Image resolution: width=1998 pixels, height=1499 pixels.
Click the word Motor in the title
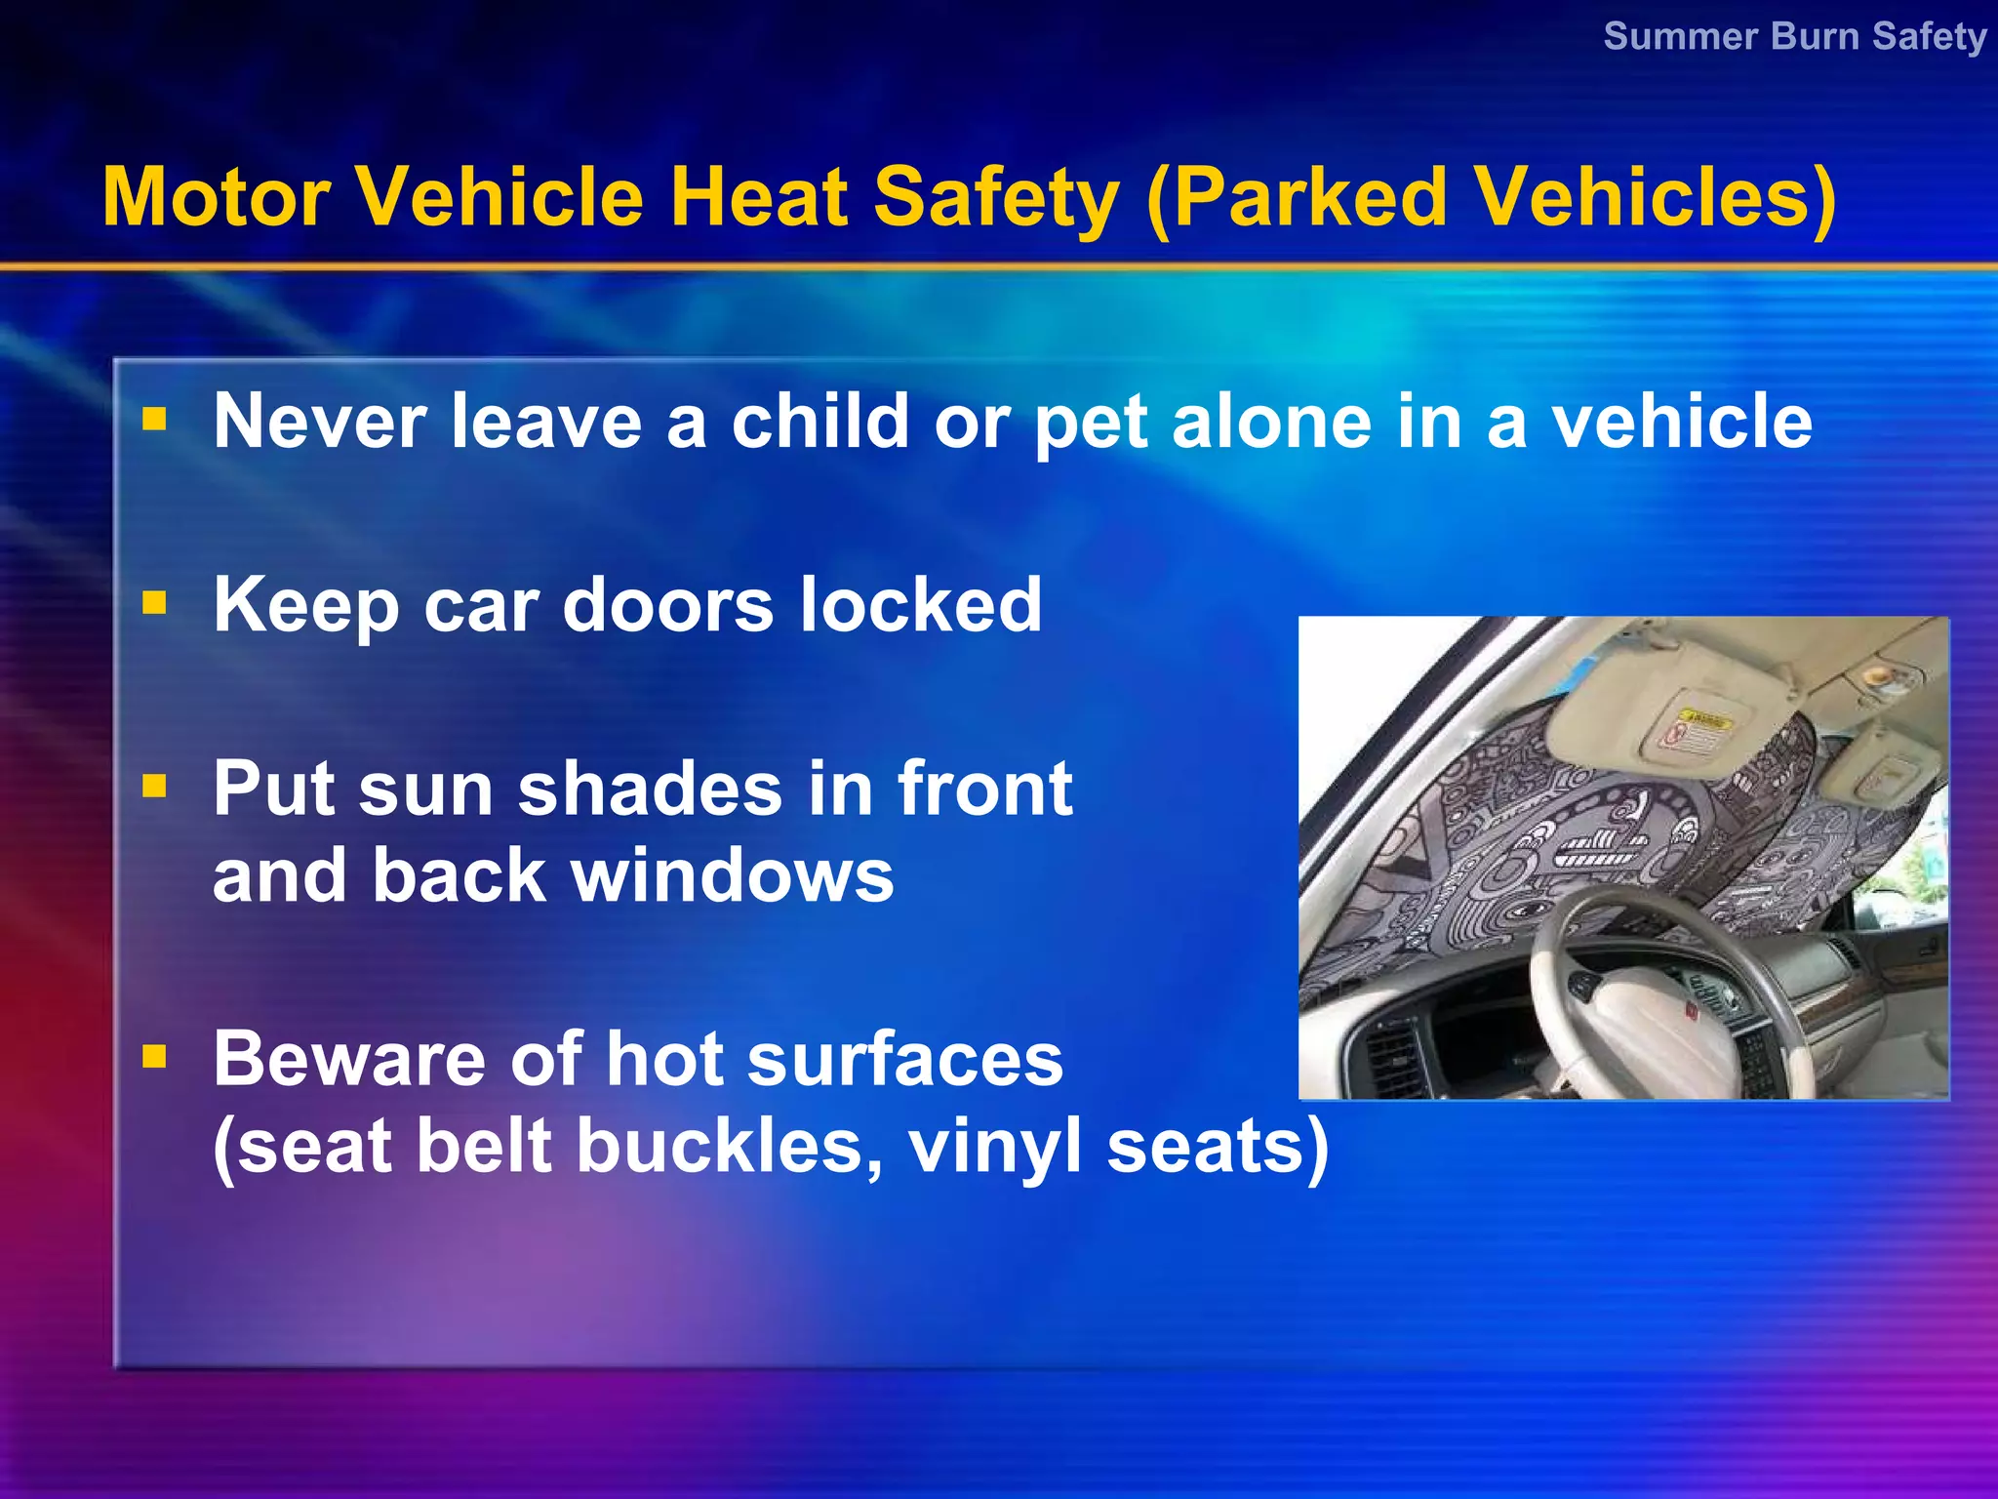(216, 197)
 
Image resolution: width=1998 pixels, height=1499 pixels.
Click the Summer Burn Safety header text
(1795, 36)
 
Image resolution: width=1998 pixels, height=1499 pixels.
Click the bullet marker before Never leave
(154, 420)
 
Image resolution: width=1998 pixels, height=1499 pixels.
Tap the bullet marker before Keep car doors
(154, 603)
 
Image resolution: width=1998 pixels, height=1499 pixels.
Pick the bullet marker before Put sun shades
(154, 786)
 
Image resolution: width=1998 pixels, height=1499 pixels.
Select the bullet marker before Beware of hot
(154, 1057)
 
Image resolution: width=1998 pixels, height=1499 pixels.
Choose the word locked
(921, 604)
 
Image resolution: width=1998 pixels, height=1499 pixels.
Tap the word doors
(668, 604)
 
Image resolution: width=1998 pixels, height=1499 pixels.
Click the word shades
(650, 789)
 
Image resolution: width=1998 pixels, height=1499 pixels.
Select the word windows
(732, 875)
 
